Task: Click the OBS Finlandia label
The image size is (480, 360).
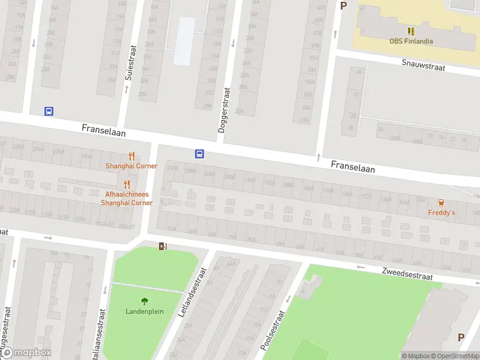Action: coord(412,41)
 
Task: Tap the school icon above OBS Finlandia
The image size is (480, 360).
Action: coord(412,31)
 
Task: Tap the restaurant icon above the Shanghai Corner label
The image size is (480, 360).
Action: coord(131,155)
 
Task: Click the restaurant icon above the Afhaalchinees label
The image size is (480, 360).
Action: coord(126,184)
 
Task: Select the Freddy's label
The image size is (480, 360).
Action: coord(442,213)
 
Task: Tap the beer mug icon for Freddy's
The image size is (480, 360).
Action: coord(442,202)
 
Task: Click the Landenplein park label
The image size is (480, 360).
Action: coord(144,311)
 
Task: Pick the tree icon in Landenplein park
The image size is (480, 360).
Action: coord(144,301)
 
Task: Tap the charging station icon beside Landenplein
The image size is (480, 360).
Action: coord(162,246)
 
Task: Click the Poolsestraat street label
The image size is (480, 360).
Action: coord(272,331)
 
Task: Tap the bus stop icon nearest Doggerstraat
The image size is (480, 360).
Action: coord(199,154)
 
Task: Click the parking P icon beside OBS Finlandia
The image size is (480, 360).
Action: coord(344,6)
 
